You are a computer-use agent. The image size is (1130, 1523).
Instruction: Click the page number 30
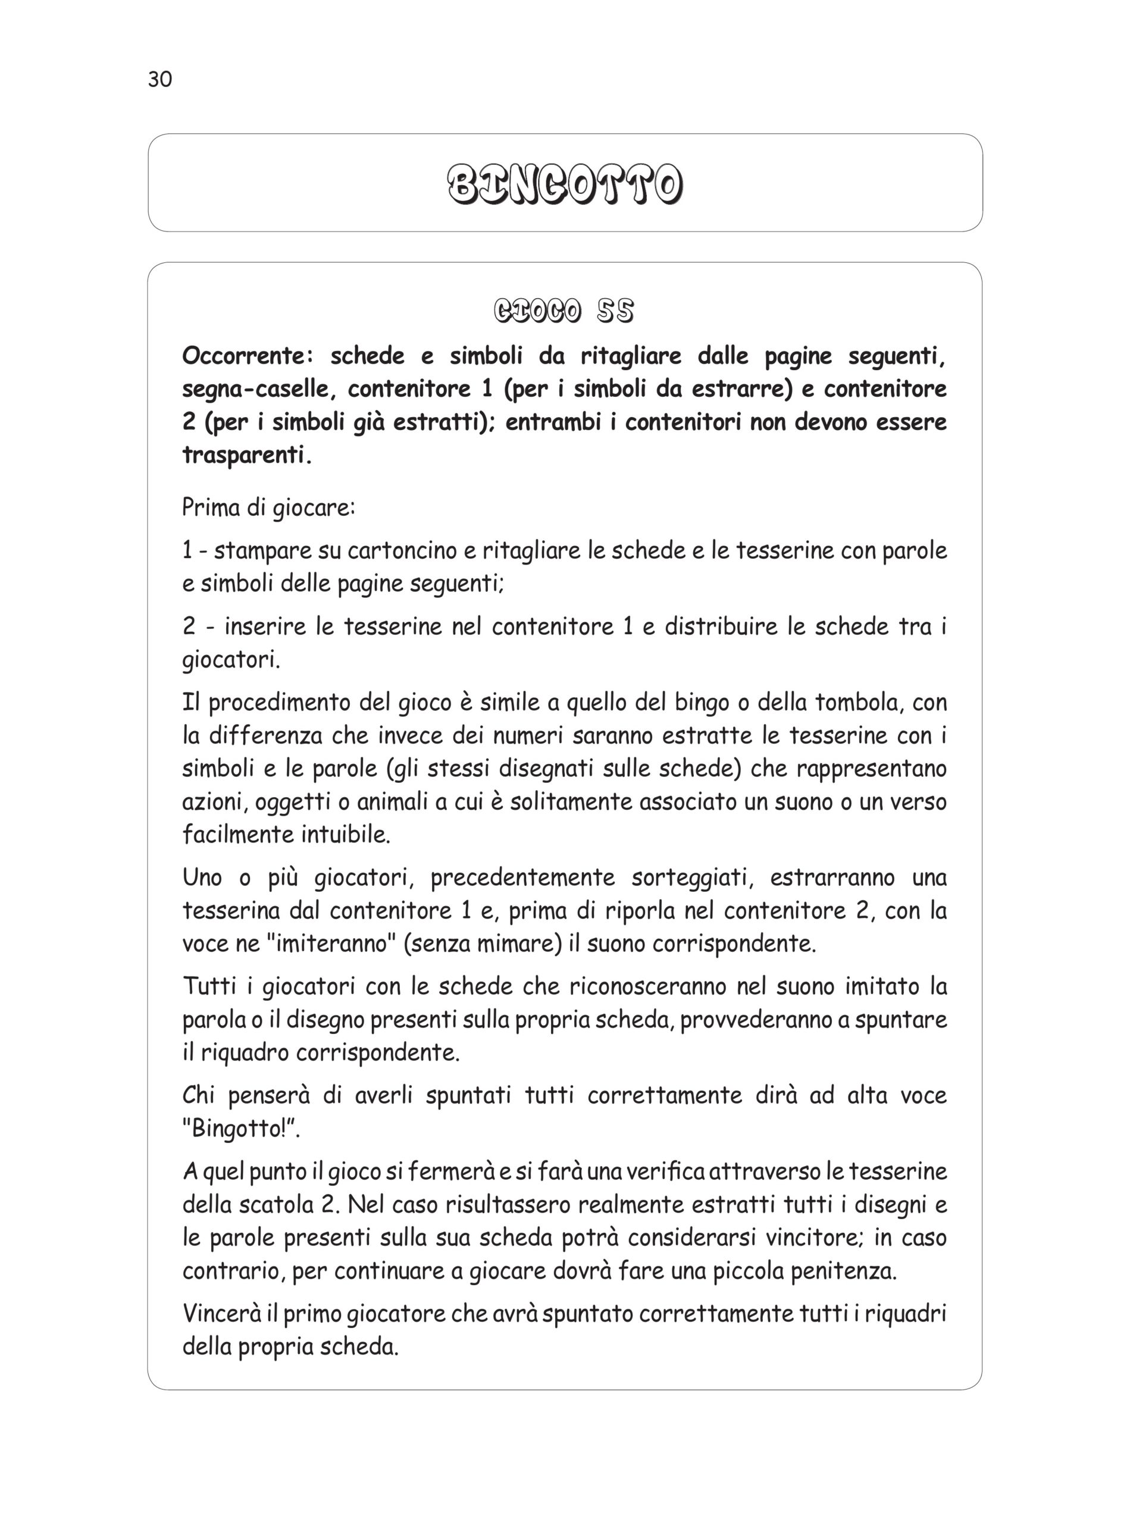click(x=160, y=80)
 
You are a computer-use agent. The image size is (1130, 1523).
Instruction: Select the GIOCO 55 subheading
click(x=564, y=312)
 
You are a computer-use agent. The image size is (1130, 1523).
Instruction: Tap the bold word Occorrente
click(x=247, y=356)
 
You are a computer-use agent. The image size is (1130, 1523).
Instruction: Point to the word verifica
click(x=658, y=1171)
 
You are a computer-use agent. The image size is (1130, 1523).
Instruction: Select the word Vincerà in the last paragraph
click(x=223, y=1314)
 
